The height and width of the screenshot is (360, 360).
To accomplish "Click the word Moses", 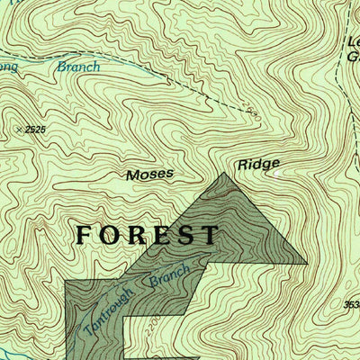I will [x=148, y=174].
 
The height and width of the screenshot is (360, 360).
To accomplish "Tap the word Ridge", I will [x=258, y=165].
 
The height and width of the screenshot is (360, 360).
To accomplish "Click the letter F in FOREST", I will [x=85, y=235].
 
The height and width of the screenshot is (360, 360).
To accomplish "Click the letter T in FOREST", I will [x=209, y=235].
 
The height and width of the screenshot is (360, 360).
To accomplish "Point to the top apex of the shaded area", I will [x=224, y=172].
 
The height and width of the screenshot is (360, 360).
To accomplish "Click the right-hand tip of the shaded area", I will [x=306, y=263].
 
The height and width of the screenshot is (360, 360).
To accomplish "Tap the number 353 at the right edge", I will [x=351, y=304].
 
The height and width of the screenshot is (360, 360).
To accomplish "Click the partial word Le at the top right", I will [x=352, y=41].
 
